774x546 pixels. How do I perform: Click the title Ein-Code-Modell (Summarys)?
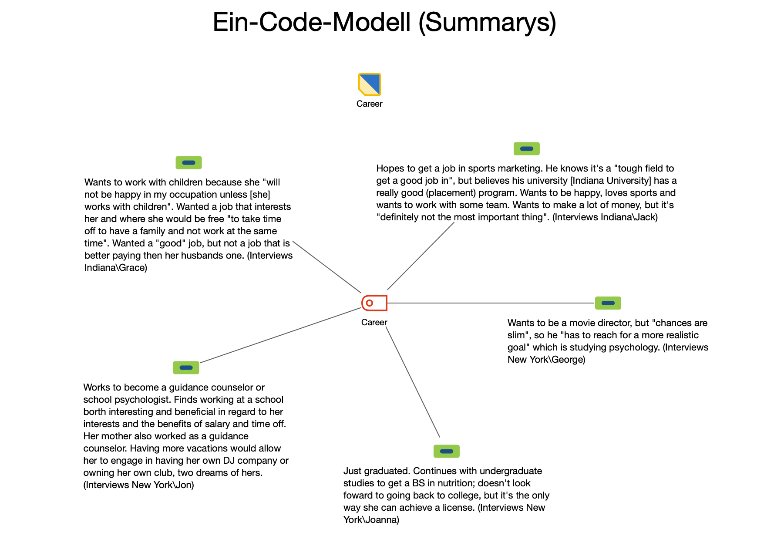pyautogui.click(x=384, y=23)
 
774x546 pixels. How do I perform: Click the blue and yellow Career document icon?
pyautogui.click(x=370, y=84)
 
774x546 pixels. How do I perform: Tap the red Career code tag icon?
pyautogui.click(x=374, y=303)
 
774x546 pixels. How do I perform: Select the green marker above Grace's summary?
pyautogui.click(x=188, y=163)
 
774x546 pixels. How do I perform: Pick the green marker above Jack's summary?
pyautogui.click(x=527, y=149)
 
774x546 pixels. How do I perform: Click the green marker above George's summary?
pyautogui.click(x=608, y=303)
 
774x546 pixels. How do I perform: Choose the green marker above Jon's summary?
pyautogui.click(x=186, y=368)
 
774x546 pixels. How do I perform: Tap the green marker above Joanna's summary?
pyautogui.click(x=447, y=452)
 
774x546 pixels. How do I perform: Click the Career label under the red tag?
pyautogui.click(x=374, y=322)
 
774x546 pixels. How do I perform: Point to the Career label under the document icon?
pyautogui.click(x=370, y=104)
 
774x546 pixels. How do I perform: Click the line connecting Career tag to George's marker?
pyautogui.click(x=491, y=303)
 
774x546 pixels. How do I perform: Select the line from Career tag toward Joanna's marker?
pyautogui.click(x=413, y=382)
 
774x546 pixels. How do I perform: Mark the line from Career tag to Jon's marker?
pyautogui.click(x=280, y=335)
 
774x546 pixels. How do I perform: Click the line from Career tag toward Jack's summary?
pyautogui.click(x=421, y=256)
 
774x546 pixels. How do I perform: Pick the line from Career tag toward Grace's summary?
pyautogui.click(x=327, y=267)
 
